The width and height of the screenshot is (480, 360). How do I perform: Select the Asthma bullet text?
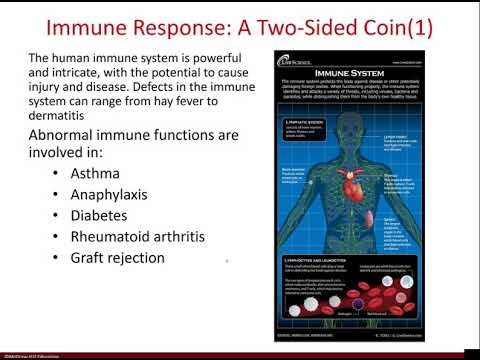coord(95,173)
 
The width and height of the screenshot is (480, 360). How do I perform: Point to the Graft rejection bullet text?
coord(117,258)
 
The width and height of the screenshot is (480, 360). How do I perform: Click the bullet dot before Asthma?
coord(55,174)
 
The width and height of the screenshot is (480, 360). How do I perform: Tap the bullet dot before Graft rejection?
coord(55,259)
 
